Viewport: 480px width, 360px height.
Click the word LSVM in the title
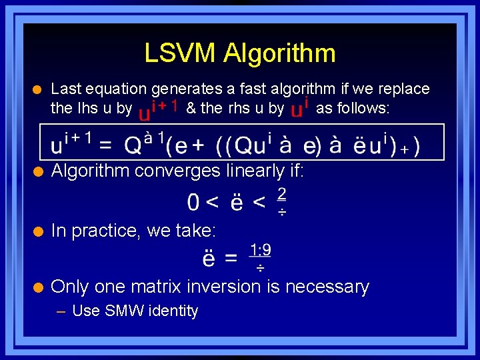[181, 53]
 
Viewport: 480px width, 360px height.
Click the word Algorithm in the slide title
[279, 53]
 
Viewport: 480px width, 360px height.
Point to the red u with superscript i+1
[156, 110]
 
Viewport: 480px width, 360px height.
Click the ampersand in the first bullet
[191, 108]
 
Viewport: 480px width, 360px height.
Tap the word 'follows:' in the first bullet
[361, 108]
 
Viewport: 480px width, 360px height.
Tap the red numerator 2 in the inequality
[281, 194]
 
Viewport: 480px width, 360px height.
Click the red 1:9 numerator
[260, 251]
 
